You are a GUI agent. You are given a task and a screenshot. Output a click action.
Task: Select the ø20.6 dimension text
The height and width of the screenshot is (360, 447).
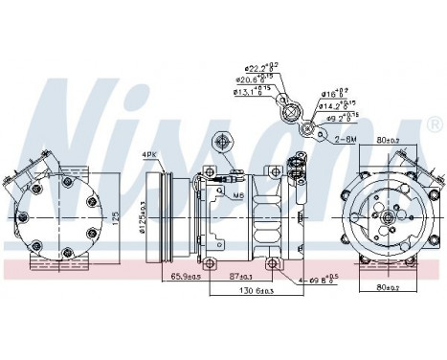256,81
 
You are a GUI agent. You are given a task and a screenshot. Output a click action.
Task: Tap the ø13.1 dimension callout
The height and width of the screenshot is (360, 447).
250,93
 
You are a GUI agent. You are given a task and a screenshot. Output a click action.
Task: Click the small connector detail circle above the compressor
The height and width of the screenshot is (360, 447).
223,143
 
